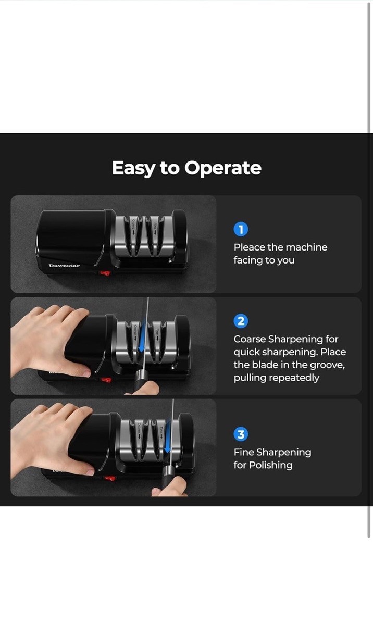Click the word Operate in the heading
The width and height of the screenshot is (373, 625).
pos(222,168)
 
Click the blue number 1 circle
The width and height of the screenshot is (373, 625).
pos(241,229)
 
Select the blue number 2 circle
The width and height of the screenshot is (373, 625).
pos(241,321)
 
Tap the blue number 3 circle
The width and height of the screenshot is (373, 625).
pos(241,434)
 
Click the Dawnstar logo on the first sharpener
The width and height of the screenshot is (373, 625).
pos(64,265)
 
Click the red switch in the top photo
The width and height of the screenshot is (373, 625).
pos(105,273)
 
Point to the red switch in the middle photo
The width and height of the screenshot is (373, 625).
pos(106,380)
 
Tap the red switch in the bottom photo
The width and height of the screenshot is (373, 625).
pos(109,479)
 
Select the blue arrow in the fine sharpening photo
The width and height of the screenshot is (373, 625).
pos(167,436)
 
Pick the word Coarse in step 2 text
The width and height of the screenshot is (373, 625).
pos(250,339)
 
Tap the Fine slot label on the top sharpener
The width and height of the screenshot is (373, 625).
pos(155,229)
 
